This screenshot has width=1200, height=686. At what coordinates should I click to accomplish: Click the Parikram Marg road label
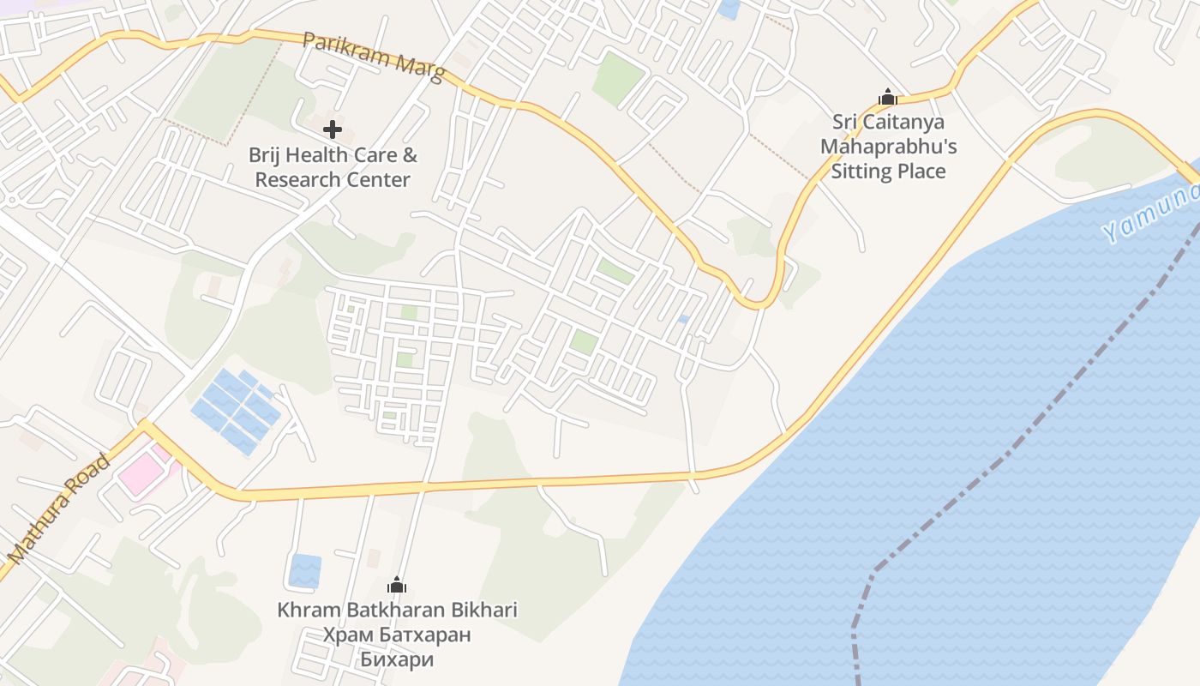[374, 58]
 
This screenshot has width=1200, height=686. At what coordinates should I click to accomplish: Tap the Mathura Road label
[59, 509]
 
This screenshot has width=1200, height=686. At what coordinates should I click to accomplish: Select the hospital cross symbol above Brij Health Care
[333, 130]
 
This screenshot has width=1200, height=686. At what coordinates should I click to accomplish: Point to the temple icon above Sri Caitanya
[888, 97]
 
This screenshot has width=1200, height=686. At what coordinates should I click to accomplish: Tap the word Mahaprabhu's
[888, 147]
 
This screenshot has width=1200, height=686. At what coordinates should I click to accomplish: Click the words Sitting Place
[888, 171]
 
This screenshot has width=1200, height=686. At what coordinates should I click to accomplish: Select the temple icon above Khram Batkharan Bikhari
[397, 586]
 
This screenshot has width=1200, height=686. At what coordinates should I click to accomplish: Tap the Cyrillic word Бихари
[397, 659]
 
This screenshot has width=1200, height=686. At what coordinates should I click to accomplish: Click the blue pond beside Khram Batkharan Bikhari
[305, 571]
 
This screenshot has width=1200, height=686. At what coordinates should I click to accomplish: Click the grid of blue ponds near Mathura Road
[236, 411]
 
